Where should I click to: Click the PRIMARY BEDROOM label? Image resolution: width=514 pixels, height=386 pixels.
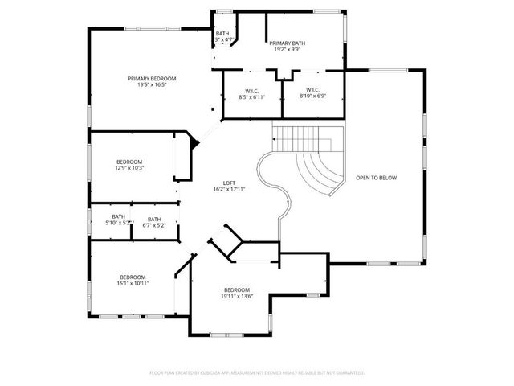[152, 78]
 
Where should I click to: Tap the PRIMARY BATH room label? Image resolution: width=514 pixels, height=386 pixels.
[287, 43]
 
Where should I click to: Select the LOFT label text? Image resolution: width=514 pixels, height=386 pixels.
[229, 183]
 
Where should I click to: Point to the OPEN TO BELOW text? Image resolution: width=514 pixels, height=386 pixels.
[377, 178]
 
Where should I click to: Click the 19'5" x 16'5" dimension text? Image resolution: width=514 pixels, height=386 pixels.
[152, 84]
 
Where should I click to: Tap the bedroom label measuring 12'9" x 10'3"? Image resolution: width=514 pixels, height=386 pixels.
[129, 162]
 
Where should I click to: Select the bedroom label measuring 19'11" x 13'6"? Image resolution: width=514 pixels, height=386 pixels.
[237, 289]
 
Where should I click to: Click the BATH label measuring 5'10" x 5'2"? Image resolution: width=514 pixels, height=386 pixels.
[118, 216]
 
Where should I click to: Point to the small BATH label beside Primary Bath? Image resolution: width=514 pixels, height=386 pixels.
[222, 33]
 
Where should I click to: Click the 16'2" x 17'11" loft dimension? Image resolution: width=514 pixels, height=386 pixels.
[229, 189]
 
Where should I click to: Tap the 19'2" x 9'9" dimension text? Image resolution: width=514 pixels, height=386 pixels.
[287, 49]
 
